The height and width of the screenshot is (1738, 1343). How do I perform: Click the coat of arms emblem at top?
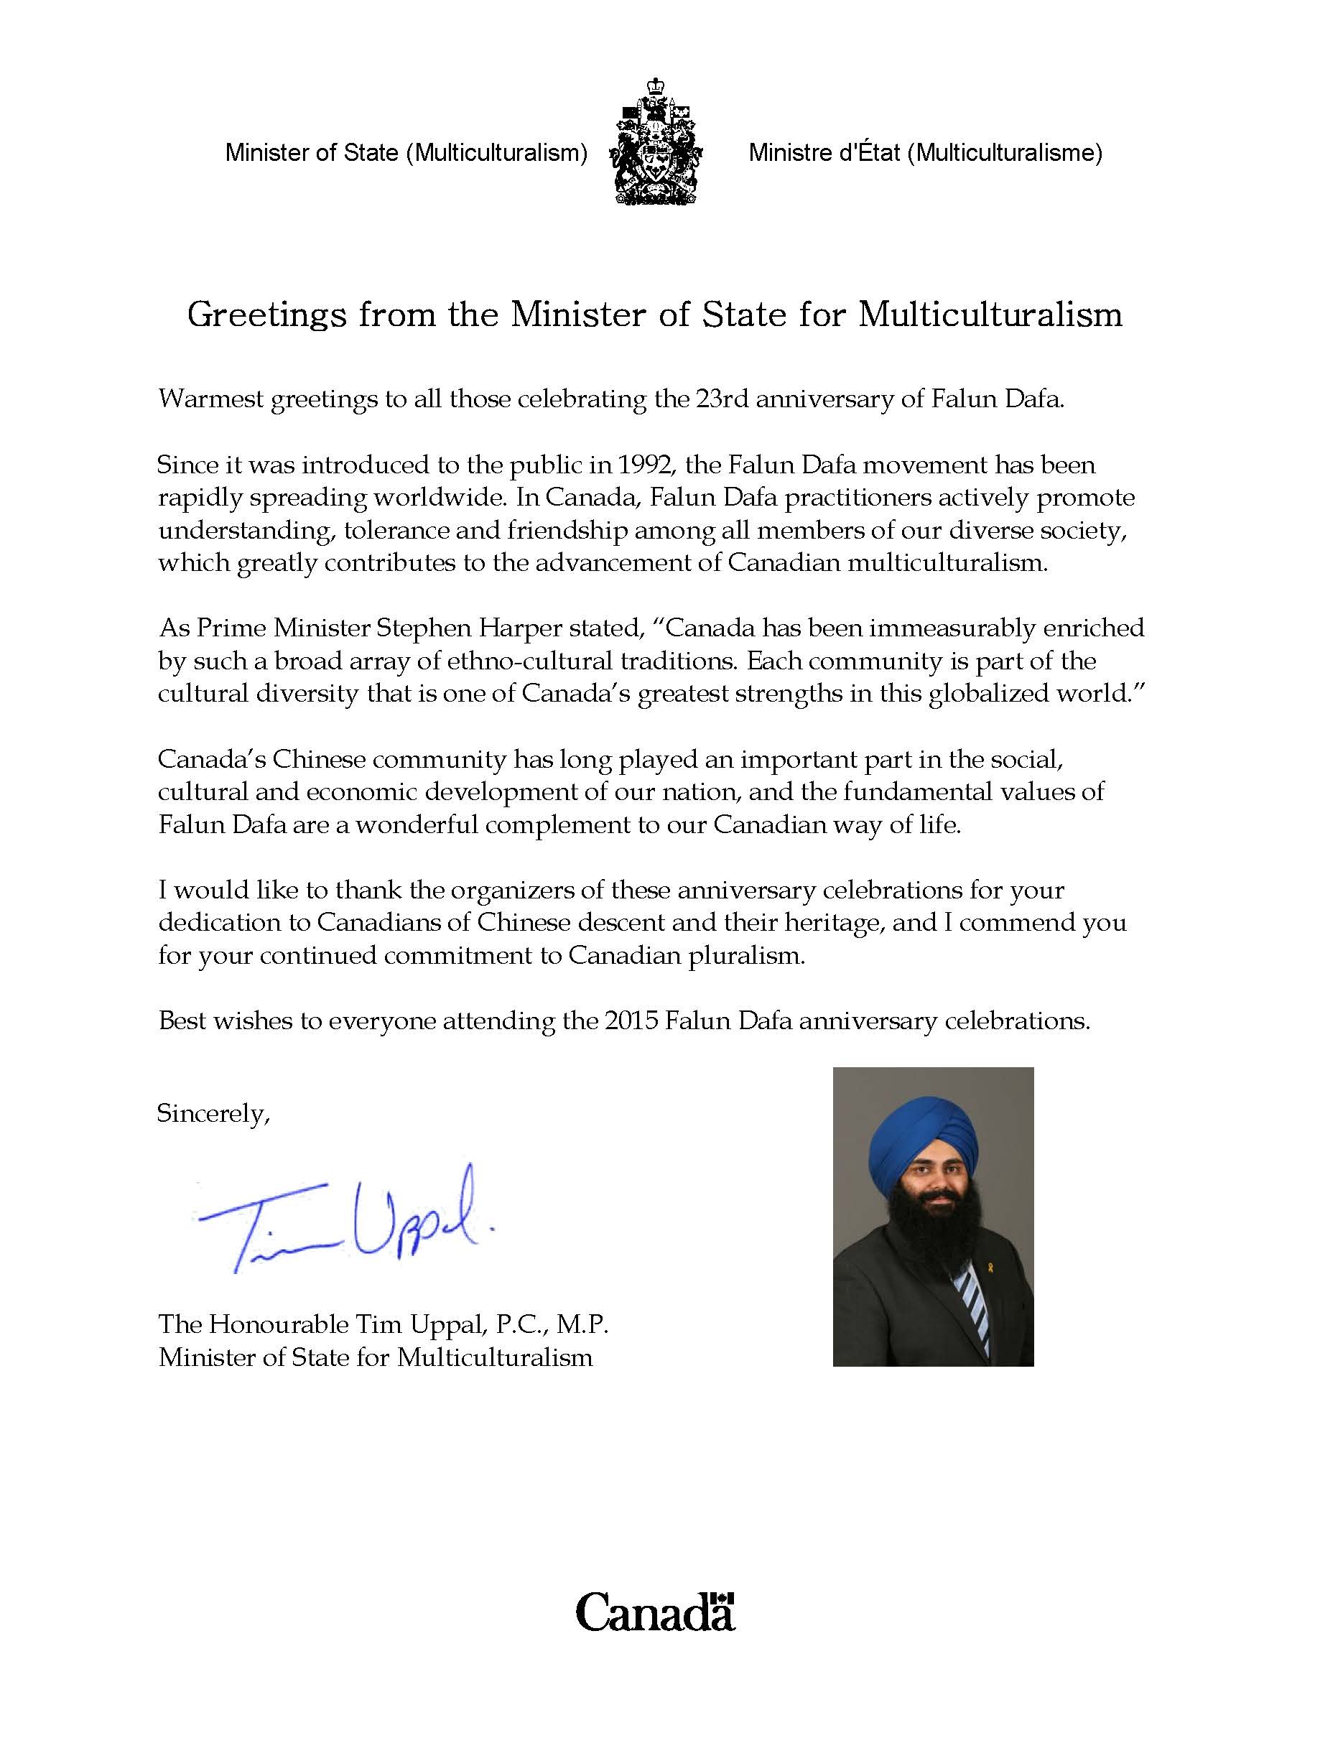656,141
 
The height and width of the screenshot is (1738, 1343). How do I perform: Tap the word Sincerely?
213,1113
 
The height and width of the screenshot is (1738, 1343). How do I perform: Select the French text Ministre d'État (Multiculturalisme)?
924,153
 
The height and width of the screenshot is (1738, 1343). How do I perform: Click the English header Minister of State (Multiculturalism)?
406,153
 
